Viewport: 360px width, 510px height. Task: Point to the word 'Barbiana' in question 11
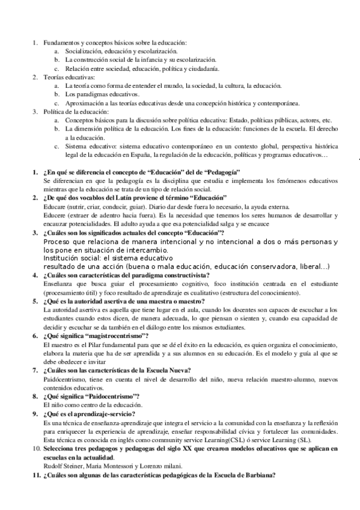[255, 475]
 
